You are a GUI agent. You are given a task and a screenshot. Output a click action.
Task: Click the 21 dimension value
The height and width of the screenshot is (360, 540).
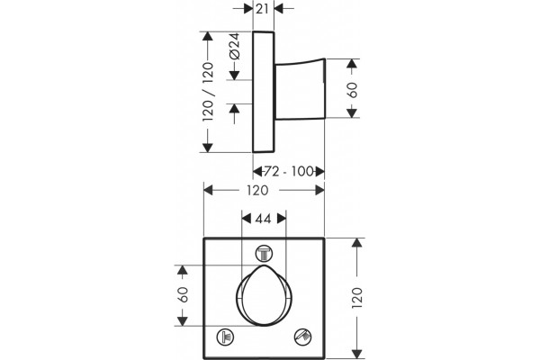click(x=262, y=9)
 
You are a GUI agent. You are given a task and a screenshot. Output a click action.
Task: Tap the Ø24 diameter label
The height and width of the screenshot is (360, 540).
click(x=235, y=46)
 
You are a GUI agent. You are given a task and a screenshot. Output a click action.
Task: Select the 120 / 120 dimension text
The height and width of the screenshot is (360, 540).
click(x=208, y=92)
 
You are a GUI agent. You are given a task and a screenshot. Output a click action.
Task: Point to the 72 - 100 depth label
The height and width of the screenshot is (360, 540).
click(x=289, y=171)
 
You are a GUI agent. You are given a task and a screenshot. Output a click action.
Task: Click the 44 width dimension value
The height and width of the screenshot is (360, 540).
click(x=264, y=219)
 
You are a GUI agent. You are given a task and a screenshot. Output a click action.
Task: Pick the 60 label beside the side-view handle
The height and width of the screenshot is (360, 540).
click(x=353, y=90)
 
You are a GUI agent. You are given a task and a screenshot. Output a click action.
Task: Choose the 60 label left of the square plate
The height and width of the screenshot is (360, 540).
click(x=183, y=294)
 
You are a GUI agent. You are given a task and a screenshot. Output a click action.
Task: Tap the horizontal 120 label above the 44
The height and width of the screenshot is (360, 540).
click(x=257, y=190)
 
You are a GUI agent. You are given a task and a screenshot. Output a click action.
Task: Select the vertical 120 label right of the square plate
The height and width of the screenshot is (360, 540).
click(x=357, y=298)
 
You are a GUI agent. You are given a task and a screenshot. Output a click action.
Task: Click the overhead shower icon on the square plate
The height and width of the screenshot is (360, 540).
click(x=264, y=254)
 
